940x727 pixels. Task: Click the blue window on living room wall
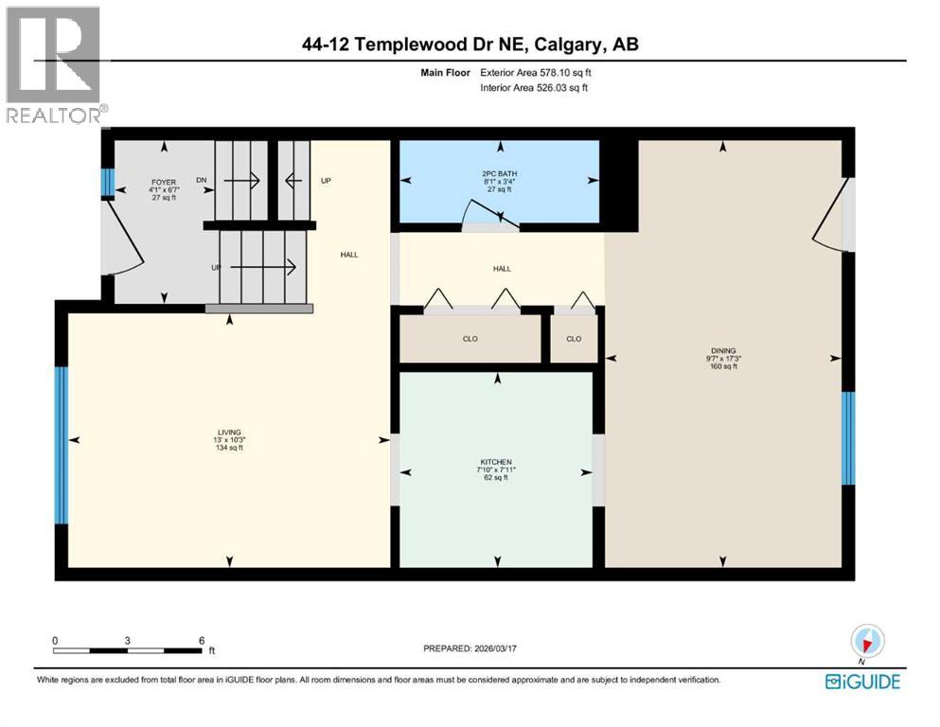click(61, 445)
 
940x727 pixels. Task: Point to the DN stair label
click(201, 180)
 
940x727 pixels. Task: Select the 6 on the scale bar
click(201, 640)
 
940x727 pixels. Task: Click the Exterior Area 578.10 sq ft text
click(538, 72)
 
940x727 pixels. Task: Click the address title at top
click(470, 44)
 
